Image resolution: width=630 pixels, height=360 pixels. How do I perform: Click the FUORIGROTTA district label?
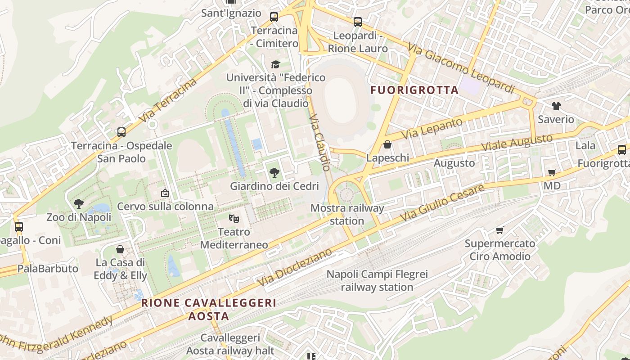414,90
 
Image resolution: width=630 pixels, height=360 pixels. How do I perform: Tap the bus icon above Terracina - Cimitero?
274,17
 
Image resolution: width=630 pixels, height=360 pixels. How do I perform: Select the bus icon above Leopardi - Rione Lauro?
358,22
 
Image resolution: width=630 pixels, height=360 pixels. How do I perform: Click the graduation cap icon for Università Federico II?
275,64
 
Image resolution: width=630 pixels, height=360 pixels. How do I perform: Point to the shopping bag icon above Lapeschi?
387,145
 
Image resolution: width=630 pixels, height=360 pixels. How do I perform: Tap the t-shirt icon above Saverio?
556,106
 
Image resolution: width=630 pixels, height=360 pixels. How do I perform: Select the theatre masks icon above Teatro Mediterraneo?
234,219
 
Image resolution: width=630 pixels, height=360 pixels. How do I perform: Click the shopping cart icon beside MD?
552,173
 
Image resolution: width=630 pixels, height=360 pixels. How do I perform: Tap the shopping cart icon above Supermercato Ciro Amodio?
499,230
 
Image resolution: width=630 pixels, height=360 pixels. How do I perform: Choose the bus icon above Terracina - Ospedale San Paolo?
121,132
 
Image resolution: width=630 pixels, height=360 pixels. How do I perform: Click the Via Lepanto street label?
432,128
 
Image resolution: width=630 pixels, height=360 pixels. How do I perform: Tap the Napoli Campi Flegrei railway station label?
377,280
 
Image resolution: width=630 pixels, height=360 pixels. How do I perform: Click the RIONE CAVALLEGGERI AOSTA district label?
209,309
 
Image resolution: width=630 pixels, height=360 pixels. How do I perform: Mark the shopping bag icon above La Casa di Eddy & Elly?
120,249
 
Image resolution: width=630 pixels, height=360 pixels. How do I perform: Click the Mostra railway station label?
347,214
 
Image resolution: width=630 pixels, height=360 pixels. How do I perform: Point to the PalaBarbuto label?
48,269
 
